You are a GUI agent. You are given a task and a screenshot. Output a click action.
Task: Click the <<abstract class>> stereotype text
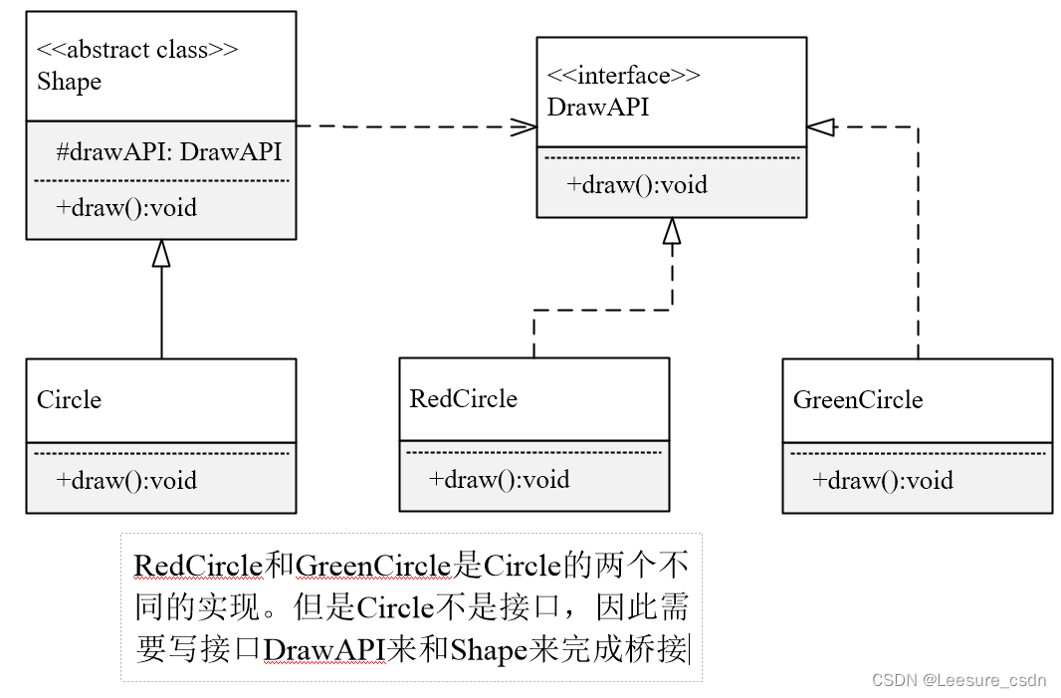click(x=137, y=50)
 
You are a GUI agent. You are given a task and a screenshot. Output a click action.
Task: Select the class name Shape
click(x=70, y=82)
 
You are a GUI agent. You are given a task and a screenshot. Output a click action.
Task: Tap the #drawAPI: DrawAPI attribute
click(x=168, y=152)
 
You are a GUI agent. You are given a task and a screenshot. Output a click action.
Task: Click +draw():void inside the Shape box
click(x=126, y=207)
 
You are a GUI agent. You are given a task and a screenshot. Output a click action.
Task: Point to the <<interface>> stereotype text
click(x=624, y=76)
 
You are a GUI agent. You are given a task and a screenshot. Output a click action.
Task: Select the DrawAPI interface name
click(x=598, y=107)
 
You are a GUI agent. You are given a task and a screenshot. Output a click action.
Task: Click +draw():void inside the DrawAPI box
click(x=637, y=184)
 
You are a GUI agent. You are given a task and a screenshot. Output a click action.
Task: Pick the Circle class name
click(x=70, y=400)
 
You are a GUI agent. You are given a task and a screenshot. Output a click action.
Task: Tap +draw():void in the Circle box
click(x=126, y=480)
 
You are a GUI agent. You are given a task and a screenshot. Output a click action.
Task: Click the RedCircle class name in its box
click(x=464, y=399)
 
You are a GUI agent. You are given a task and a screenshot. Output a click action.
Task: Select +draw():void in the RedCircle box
click(x=500, y=479)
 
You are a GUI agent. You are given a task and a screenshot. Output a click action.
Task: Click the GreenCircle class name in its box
click(x=858, y=400)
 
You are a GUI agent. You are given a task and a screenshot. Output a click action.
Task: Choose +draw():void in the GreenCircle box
click(x=883, y=481)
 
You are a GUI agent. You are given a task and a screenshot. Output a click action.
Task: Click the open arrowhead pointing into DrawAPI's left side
click(x=524, y=126)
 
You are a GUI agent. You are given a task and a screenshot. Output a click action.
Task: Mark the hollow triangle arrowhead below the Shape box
click(x=161, y=253)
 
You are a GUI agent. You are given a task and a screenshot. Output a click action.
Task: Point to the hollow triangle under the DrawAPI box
click(x=672, y=231)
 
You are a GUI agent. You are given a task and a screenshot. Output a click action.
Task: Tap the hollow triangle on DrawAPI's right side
click(x=819, y=126)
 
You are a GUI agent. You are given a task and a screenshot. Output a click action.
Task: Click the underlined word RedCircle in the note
click(x=198, y=567)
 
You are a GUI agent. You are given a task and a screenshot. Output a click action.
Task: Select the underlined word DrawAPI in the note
click(x=324, y=650)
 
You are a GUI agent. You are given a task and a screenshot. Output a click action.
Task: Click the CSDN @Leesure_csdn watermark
click(x=958, y=680)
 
